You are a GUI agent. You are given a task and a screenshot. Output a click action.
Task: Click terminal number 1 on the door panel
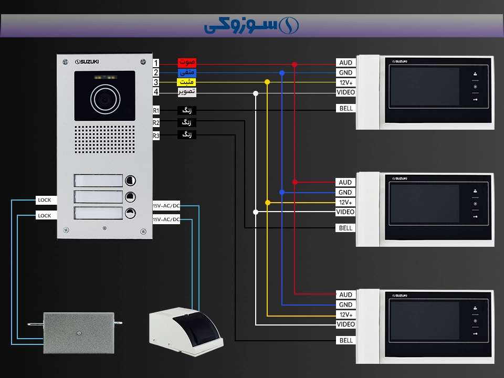[156, 63]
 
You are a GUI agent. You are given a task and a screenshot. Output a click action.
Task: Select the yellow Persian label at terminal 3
[187, 82]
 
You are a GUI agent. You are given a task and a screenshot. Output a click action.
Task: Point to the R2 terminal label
[156, 123]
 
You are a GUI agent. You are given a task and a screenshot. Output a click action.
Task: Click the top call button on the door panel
[130, 181]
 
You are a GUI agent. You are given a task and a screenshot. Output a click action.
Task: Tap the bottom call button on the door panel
[130, 214]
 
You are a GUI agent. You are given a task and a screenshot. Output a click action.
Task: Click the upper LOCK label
[45, 200]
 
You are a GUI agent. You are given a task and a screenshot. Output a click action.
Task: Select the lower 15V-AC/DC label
[166, 219]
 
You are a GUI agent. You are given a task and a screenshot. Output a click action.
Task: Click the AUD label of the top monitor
[345, 63]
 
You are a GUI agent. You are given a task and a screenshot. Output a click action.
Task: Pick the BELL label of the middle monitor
[345, 228]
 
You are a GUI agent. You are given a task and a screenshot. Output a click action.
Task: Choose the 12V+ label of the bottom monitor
[345, 314]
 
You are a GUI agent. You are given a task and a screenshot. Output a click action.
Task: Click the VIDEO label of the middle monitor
[345, 212]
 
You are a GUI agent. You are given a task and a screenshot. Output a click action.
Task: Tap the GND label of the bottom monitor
[345, 304]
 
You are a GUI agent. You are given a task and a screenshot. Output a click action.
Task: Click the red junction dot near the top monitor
[295, 65]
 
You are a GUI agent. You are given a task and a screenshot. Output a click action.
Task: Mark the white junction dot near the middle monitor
[256, 212]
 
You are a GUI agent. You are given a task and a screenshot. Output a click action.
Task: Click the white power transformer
[186, 332]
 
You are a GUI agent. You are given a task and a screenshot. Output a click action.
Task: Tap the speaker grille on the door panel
[104, 139]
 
